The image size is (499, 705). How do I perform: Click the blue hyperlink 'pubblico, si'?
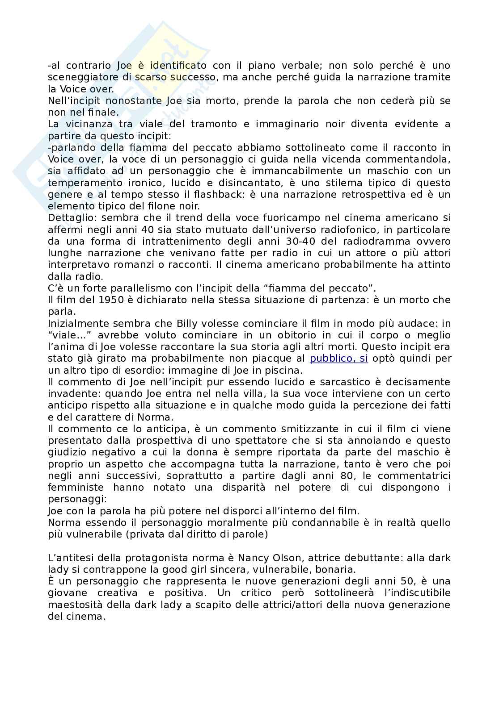coord(339,359)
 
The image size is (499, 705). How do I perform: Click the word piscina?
coord(284,370)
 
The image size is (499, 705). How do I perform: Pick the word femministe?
coord(76,487)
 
